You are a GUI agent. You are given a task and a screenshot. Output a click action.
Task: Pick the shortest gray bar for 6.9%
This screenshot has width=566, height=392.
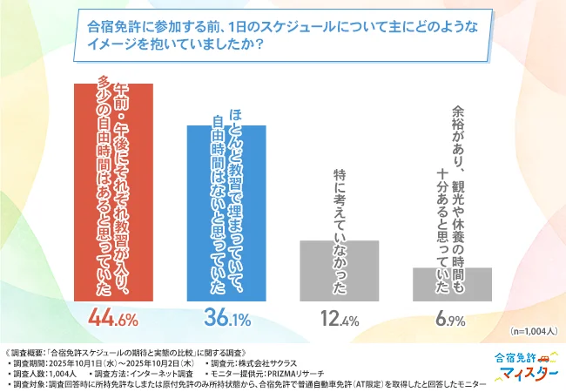452,284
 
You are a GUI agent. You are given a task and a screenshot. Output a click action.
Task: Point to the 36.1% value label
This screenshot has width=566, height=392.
226,318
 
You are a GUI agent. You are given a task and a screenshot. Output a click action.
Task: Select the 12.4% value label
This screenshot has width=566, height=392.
339,319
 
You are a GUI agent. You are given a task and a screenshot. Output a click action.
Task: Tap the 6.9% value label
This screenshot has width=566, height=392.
452,319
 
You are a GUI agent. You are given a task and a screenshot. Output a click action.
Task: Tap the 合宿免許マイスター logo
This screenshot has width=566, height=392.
525,367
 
